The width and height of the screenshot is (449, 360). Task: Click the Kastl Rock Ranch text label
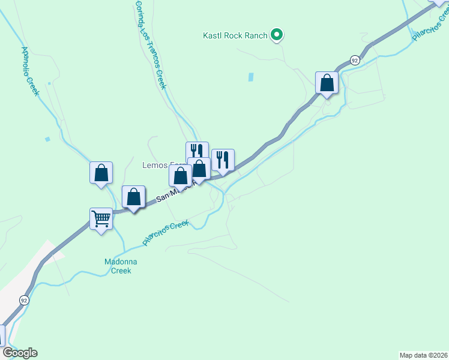pos(234,36)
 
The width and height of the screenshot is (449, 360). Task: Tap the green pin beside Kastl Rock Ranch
pos(277,35)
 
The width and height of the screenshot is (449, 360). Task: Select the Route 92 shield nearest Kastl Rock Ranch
pos(355,61)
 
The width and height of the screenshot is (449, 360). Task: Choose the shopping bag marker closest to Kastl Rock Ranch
pos(327,83)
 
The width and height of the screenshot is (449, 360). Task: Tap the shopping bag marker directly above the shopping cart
pos(101,173)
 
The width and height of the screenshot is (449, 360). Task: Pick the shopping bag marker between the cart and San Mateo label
pos(133,197)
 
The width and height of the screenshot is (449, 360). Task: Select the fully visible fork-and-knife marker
pos(223,160)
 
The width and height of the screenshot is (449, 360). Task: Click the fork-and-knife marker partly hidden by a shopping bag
pos(196,149)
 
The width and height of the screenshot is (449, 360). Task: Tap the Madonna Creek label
pos(121,266)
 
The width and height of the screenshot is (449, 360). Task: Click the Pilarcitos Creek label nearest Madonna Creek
pos(166,232)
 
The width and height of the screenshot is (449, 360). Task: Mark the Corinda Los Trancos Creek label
pos(150,45)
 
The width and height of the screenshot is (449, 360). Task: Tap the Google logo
pos(20,353)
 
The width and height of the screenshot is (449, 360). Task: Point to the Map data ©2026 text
pos(423,355)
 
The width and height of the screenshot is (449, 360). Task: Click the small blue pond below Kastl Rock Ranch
pos(250,77)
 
